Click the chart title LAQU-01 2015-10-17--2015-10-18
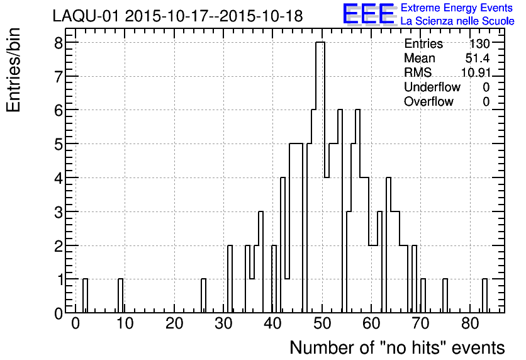(x=177, y=16)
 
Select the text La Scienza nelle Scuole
(x=457, y=21)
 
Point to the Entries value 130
(x=479, y=44)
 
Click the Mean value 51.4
(x=478, y=59)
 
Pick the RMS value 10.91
(x=475, y=73)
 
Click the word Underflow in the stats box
(x=432, y=87)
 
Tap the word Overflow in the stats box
(x=428, y=102)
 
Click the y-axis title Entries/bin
(x=14, y=70)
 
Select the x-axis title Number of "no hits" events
(x=397, y=347)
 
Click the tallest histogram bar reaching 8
(x=320, y=176)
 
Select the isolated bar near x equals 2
(x=86, y=296)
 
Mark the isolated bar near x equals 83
(x=484, y=296)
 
